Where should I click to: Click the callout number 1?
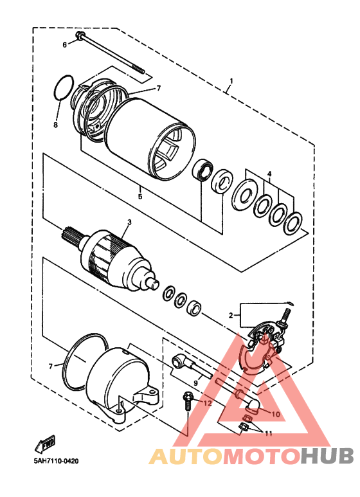[x=231, y=81]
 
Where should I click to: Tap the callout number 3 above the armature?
[x=129, y=222]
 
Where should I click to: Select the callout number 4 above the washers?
[x=269, y=174]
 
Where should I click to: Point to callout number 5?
[x=140, y=197]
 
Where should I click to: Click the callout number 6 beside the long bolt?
[x=65, y=45]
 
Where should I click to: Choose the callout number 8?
[x=56, y=125]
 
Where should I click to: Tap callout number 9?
[x=196, y=383]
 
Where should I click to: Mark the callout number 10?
[x=276, y=414]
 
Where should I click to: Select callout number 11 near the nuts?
[x=269, y=433]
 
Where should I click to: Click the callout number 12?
[x=207, y=403]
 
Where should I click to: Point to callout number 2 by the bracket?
[x=231, y=316]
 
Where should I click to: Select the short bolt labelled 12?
[x=187, y=402]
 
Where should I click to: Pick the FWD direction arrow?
[x=45, y=444]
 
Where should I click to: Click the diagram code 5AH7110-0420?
[x=57, y=460]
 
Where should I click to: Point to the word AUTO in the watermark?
[x=186, y=456]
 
